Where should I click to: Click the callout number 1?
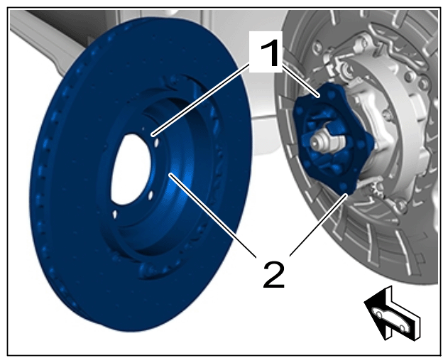[x=269, y=53]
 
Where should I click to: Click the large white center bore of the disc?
[x=132, y=169]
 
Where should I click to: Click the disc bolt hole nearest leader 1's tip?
[x=156, y=142]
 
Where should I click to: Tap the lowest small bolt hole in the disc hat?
[x=114, y=215]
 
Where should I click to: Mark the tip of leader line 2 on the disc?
[x=170, y=174]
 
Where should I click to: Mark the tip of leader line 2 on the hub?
[x=346, y=195]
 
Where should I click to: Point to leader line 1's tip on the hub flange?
[x=317, y=96]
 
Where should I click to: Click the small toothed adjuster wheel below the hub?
[x=378, y=190]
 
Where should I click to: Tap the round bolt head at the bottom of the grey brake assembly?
[x=401, y=205]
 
